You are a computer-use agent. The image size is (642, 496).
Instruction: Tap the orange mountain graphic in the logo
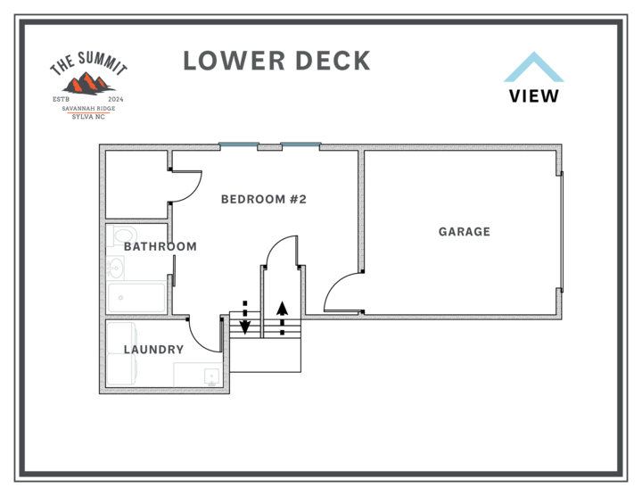tap(88, 85)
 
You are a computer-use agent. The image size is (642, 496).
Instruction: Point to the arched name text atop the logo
tap(88, 65)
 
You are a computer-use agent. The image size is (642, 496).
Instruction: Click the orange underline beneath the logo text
tap(88, 112)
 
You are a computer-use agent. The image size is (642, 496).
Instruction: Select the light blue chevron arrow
tap(533, 67)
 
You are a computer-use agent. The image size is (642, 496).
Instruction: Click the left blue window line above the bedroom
tap(239, 144)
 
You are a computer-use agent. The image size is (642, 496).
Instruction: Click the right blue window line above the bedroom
tap(300, 144)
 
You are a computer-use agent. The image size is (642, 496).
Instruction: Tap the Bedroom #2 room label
tap(263, 200)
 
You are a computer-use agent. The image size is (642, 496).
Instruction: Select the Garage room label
tap(464, 232)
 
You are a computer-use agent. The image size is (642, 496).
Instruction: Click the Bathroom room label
tap(160, 246)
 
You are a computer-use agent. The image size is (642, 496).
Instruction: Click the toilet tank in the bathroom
tap(111, 236)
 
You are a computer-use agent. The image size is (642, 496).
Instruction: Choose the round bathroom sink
tap(114, 268)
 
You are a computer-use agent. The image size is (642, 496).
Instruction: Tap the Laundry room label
tap(154, 348)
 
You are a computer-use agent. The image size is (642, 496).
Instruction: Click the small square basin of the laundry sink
tap(211, 376)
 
